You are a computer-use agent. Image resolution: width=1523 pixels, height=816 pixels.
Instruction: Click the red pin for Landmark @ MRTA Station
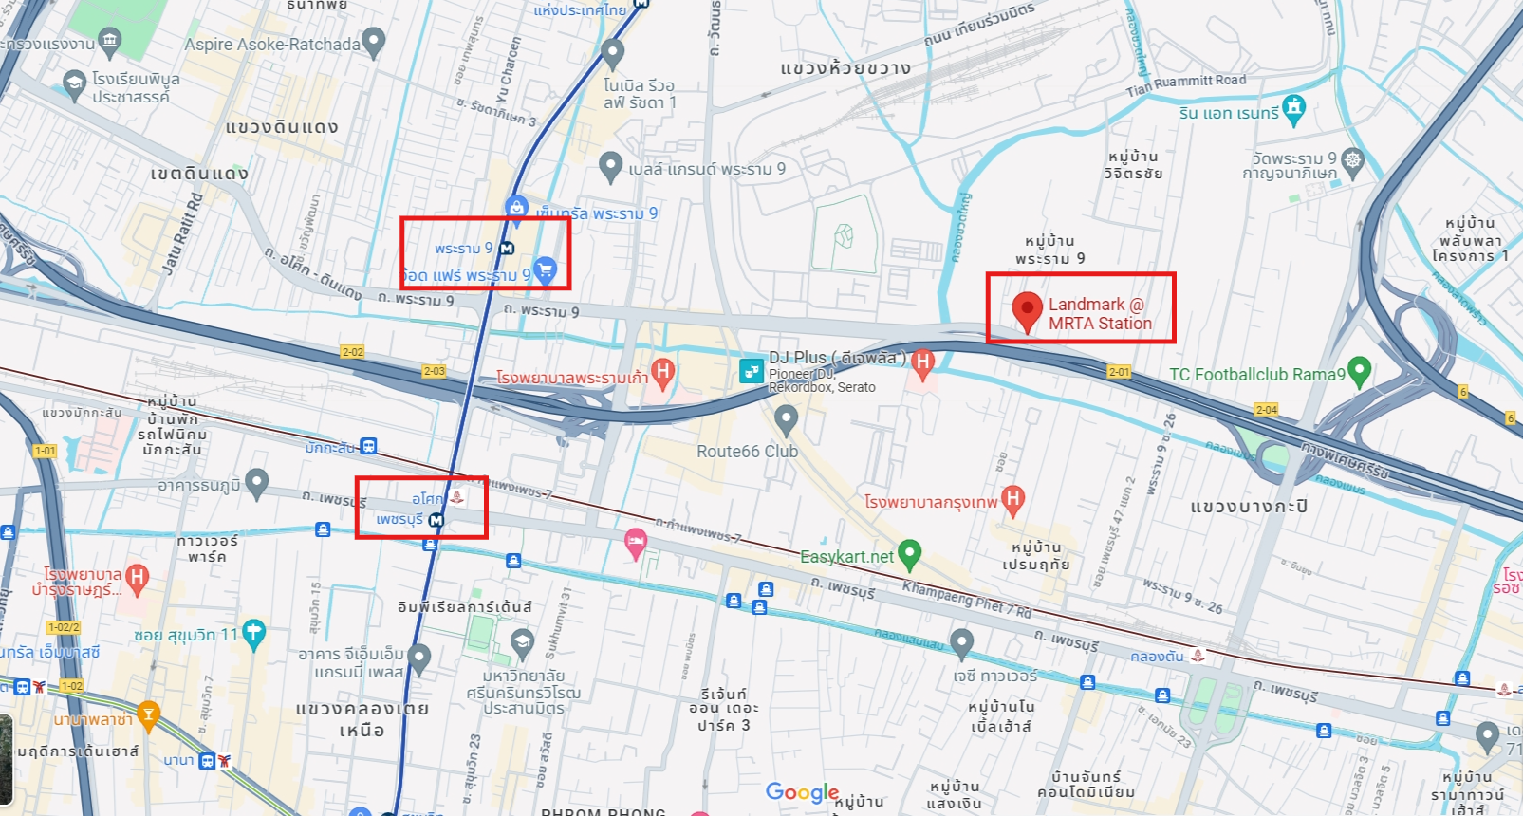tap(1027, 310)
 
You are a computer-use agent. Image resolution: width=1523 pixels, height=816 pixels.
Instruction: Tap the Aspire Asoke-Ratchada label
tap(272, 45)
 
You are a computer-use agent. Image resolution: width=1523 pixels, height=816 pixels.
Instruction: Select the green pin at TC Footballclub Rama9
tap(1359, 371)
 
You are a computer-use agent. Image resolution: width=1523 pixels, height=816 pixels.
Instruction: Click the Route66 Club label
tap(747, 452)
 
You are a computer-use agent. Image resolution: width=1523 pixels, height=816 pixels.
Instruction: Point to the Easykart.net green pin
tap(909, 552)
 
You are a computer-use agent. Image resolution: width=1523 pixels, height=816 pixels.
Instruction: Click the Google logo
tap(802, 792)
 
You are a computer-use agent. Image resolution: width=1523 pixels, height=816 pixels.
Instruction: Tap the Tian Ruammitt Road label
tap(1186, 85)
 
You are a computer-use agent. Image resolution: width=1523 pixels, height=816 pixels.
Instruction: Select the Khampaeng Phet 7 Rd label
tap(966, 600)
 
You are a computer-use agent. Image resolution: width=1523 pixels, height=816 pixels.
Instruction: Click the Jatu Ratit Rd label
tap(184, 233)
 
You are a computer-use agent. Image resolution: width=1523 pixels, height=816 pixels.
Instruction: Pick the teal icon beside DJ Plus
tap(752, 370)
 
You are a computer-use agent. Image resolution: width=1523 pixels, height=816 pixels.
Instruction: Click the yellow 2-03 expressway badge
tap(434, 371)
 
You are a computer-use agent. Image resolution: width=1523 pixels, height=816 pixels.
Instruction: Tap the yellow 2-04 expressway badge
tap(1266, 410)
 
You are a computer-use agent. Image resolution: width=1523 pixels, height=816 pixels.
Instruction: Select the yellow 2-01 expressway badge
tap(1119, 372)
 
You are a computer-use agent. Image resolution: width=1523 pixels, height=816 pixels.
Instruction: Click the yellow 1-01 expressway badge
tap(45, 451)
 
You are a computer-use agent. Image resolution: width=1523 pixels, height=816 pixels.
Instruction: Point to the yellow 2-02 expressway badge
tap(352, 352)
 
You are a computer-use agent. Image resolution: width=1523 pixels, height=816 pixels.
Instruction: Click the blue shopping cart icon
tap(545, 270)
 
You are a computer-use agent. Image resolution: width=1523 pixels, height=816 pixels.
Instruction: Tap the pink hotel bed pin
tap(635, 543)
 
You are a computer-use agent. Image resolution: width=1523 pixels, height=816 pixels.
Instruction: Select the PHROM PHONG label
tap(604, 812)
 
